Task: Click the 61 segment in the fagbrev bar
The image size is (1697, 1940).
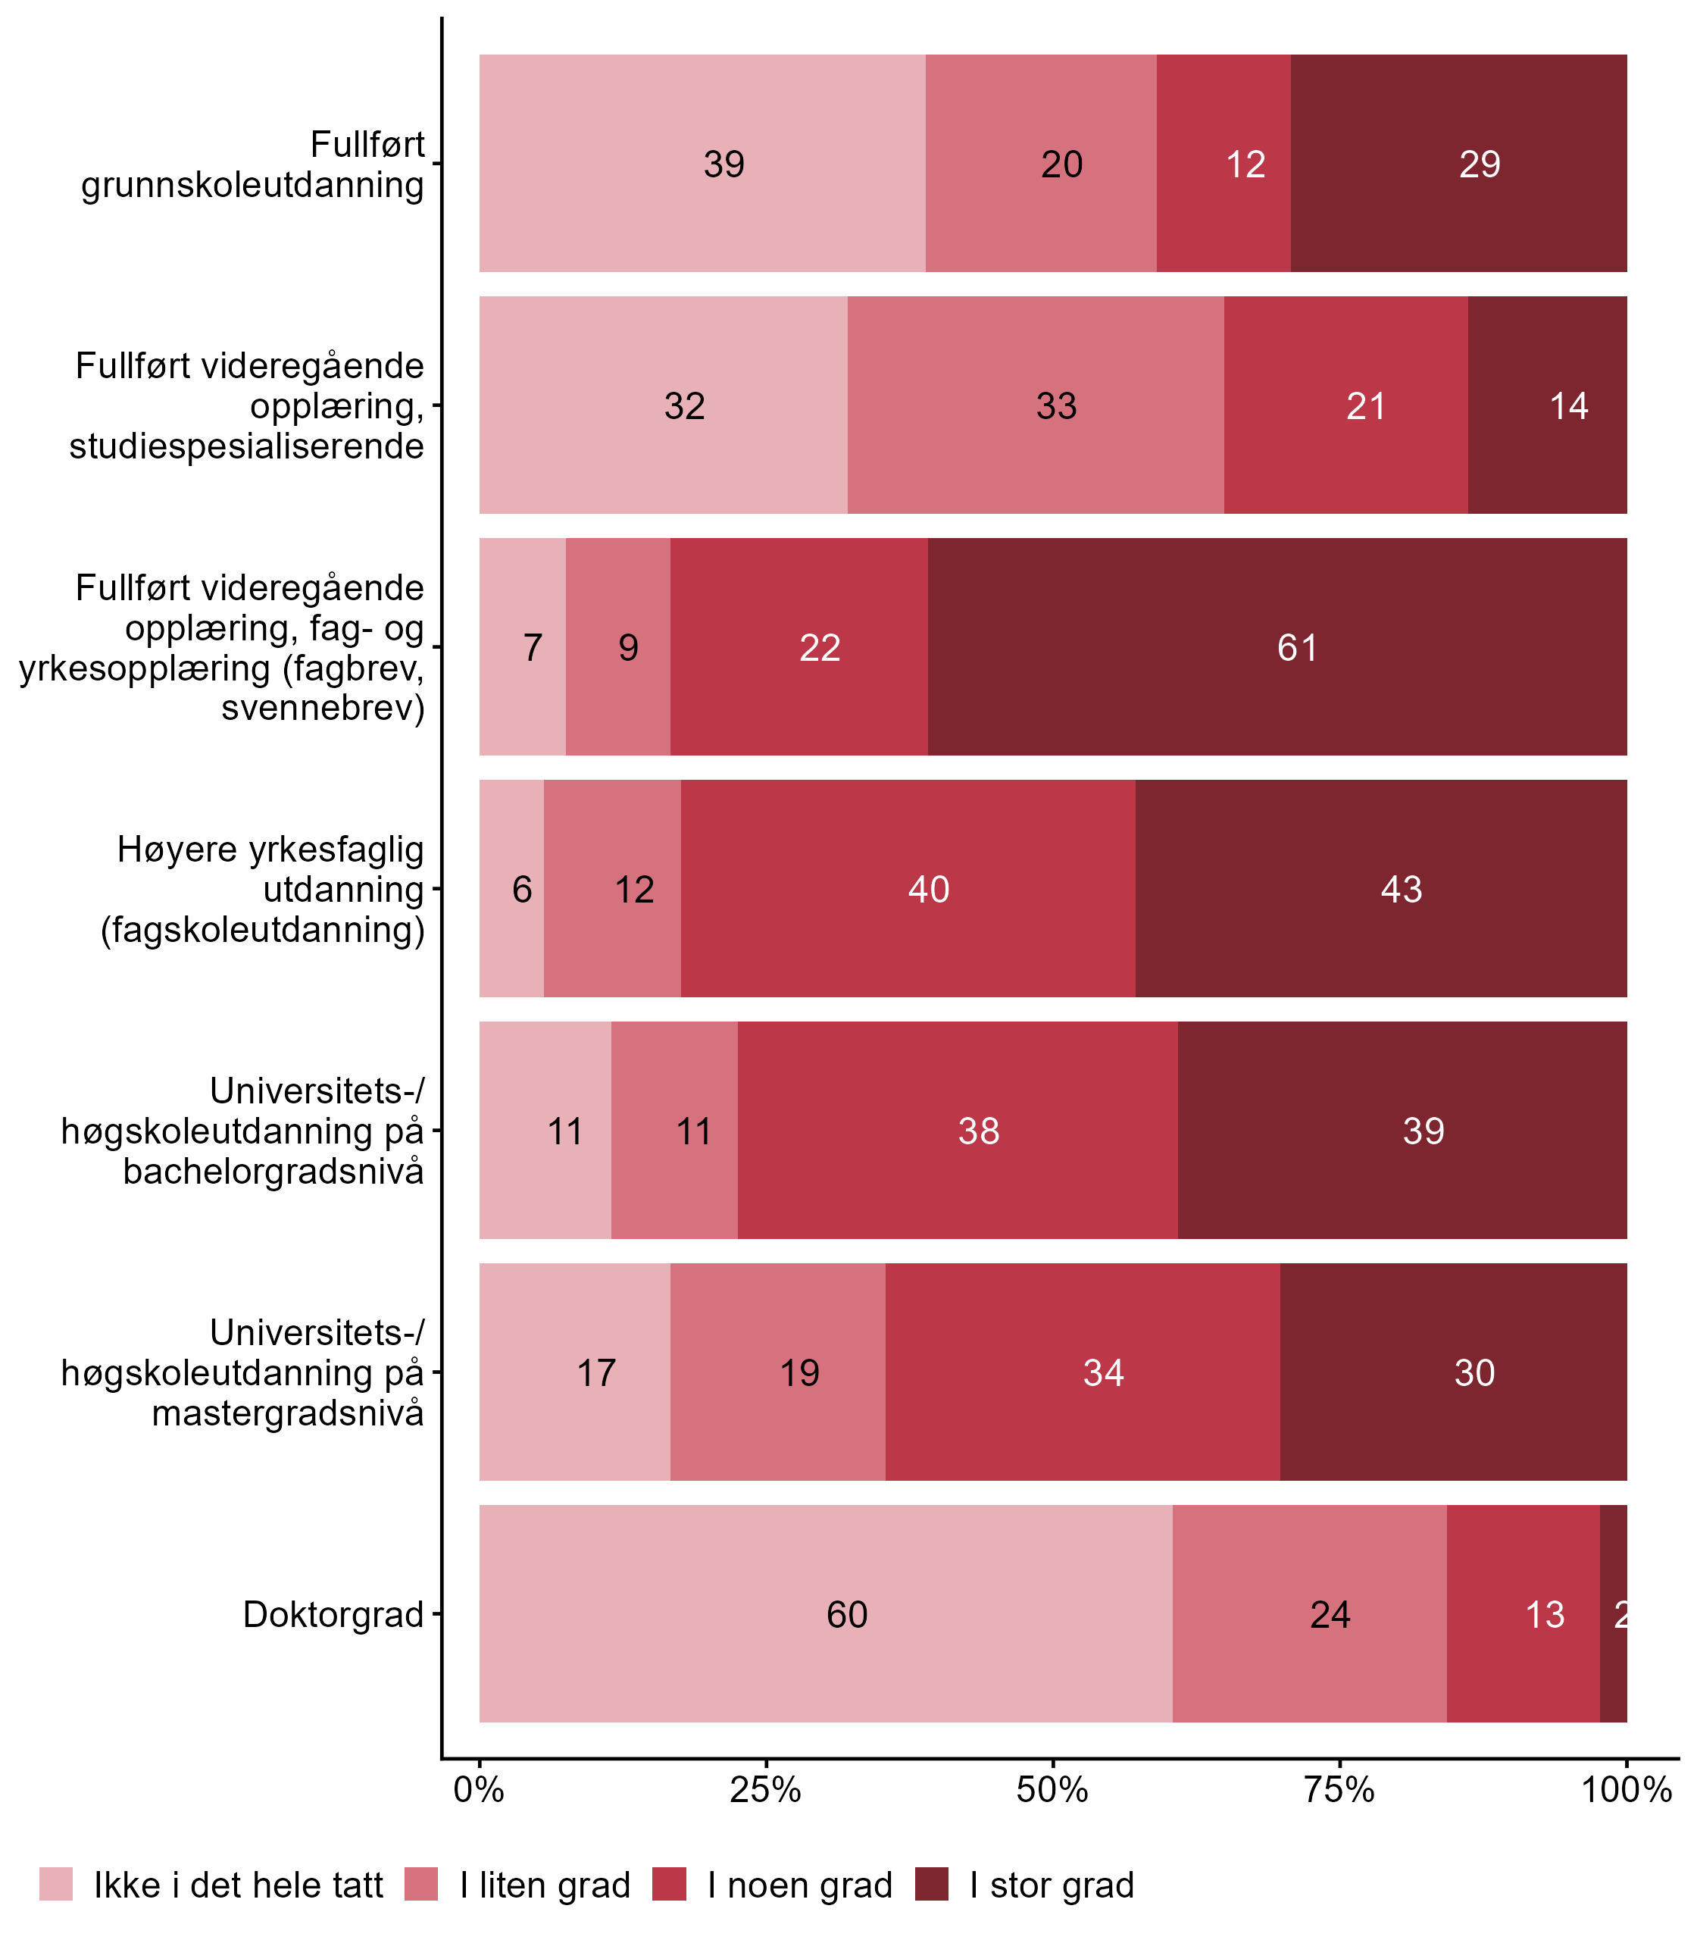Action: pyautogui.click(x=1277, y=647)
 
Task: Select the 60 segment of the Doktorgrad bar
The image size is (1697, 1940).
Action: pyautogui.click(x=825, y=1614)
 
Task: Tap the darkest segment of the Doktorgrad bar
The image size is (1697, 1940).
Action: pyautogui.click(x=1613, y=1614)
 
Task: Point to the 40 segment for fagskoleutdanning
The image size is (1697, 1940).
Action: pyautogui.click(x=908, y=888)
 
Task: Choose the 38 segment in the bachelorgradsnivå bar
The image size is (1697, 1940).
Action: pyautogui.click(x=958, y=1130)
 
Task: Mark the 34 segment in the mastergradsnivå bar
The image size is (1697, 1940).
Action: pyautogui.click(x=1083, y=1372)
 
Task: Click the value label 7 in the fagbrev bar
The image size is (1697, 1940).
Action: pyautogui.click(x=533, y=648)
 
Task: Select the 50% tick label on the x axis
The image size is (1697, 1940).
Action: pyautogui.click(x=1052, y=1789)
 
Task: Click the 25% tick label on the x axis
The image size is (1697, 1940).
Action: pyautogui.click(x=765, y=1789)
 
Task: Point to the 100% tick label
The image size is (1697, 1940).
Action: pyautogui.click(x=1627, y=1789)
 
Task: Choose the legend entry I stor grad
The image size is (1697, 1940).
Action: pyautogui.click(x=1052, y=1885)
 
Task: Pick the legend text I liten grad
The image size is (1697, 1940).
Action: pyautogui.click(x=545, y=1885)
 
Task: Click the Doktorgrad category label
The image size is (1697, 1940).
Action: pyautogui.click(x=333, y=1614)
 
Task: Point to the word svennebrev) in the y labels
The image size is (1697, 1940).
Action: pyautogui.click(x=323, y=708)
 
